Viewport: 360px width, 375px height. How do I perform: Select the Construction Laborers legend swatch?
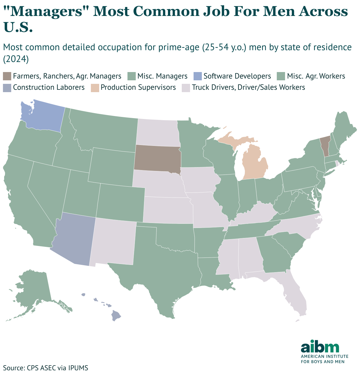click(x=7, y=87)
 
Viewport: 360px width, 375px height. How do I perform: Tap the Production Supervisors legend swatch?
click(x=94, y=87)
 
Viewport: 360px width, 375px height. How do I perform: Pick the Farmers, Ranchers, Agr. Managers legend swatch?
click(x=7, y=76)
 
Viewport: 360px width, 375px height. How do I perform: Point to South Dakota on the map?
click(x=158, y=158)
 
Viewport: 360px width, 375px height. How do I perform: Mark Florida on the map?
click(x=295, y=295)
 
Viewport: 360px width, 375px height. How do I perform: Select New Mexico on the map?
click(x=114, y=241)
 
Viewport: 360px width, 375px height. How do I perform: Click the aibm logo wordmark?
click(x=320, y=348)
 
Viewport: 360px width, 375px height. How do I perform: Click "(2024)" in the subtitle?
click(x=16, y=59)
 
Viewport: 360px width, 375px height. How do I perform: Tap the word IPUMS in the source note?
click(x=78, y=368)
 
